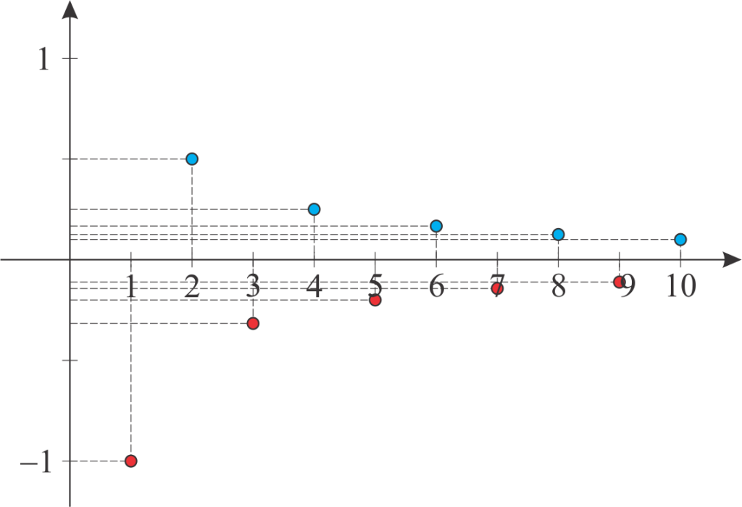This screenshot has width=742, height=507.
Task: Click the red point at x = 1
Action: (x=131, y=461)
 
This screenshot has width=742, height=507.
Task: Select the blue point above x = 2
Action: (x=191, y=159)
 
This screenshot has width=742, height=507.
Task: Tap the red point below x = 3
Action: (x=253, y=324)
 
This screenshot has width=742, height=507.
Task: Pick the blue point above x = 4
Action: (x=314, y=209)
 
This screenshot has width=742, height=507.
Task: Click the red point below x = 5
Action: (x=375, y=300)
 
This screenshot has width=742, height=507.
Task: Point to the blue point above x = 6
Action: (x=436, y=226)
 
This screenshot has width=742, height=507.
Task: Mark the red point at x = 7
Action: (x=497, y=288)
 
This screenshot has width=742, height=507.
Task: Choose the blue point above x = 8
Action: (x=559, y=234)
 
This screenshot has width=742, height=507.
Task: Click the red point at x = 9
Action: (x=619, y=282)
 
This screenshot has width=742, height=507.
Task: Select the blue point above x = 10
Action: (x=680, y=239)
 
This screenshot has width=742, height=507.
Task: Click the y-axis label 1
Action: (x=43, y=59)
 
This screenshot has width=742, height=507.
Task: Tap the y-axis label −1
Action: (x=36, y=461)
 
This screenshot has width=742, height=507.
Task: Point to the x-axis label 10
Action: (x=681, y=286)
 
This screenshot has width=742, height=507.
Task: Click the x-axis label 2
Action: (x=191, y=286)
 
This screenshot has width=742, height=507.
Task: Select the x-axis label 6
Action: (x=437, y=286)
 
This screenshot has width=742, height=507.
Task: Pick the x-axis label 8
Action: (x=559, y=286)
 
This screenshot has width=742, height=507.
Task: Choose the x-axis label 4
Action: (x=314, y=286)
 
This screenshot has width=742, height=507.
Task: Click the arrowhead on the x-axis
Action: (x=732, y=259)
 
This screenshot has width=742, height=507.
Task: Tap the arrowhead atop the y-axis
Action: (x=70, y=10)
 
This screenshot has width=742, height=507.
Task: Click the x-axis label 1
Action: (x=131, y=286)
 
